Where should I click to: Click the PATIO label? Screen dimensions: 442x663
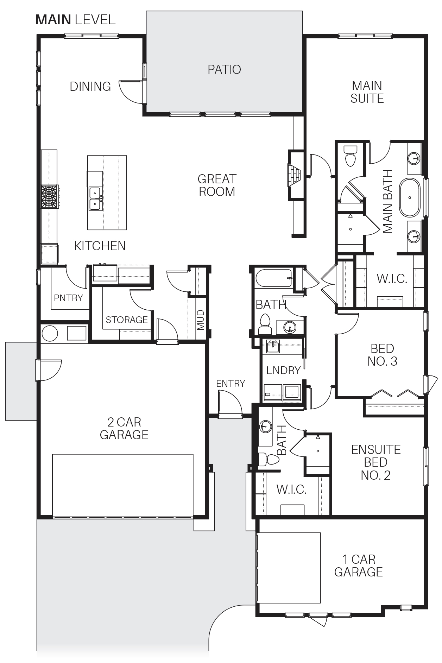[x=224, y=69]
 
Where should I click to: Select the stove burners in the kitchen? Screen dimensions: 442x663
[x=50, y=196]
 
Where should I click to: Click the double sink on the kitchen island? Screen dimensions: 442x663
[x=95, y=198]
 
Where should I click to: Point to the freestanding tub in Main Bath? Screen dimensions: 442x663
[x=410, y=198]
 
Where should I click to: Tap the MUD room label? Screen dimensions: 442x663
[x=201, y=320]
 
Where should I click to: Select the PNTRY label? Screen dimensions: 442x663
[x=68, y=298]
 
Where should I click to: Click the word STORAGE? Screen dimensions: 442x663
[x=127, y=320]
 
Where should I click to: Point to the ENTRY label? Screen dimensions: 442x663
[x=231, y=383]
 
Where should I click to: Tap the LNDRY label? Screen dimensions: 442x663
[x=283, y=370]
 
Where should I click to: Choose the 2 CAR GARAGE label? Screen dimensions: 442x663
[x=124, y=428]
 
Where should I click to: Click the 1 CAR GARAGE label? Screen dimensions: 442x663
[x=358, y=566]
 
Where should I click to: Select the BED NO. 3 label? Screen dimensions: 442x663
[x=382, y=355]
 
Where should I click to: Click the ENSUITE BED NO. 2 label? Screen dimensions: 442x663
[x=376, y=462]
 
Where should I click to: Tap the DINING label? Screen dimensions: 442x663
[x=90, y=86]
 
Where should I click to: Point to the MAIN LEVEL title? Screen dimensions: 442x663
[x=76, y=19]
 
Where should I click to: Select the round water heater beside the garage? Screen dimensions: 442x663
[x=49, y=333]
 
